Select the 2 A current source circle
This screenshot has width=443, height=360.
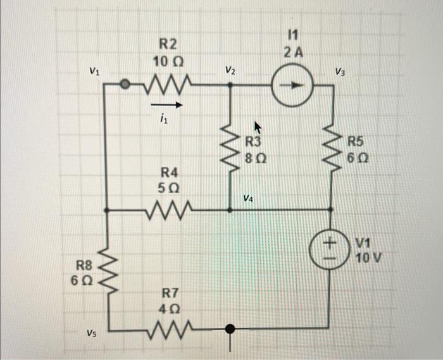(291, 85)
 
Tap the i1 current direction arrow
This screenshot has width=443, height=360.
(167, 105)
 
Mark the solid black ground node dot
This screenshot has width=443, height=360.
(230, 328)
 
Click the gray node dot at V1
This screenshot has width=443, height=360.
(125, 84)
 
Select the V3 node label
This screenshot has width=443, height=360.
(340, 71)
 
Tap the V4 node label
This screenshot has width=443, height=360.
(248, 199)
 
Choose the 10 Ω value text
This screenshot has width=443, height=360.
(168, 62)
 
